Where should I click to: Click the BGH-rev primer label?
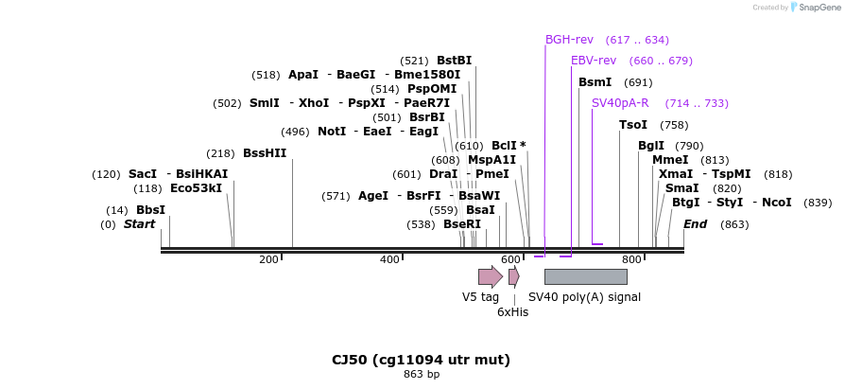pos(569,40)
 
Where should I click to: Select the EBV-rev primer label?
pos(594,61)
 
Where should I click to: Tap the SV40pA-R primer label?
pos(620,103)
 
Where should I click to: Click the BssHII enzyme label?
pos(265,153)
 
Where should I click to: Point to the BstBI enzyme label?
pos(455,61)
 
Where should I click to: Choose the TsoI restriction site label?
pos(633,125)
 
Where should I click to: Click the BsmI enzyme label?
pos(595,82)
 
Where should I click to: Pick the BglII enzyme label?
pos(651,146)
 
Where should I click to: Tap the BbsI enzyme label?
pos(150,210)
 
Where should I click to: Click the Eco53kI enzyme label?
pos(196,188)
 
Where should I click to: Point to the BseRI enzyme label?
pos(462,224)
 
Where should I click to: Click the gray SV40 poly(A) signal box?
pos(585,276)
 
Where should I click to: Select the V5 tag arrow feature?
pos(490,276)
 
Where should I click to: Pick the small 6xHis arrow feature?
pos(513,276)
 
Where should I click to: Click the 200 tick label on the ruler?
pos(268,259)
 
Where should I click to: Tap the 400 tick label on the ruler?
pos(389,259)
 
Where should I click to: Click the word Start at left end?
pos(139,224)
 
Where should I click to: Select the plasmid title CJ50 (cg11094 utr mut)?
pos(421,360)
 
